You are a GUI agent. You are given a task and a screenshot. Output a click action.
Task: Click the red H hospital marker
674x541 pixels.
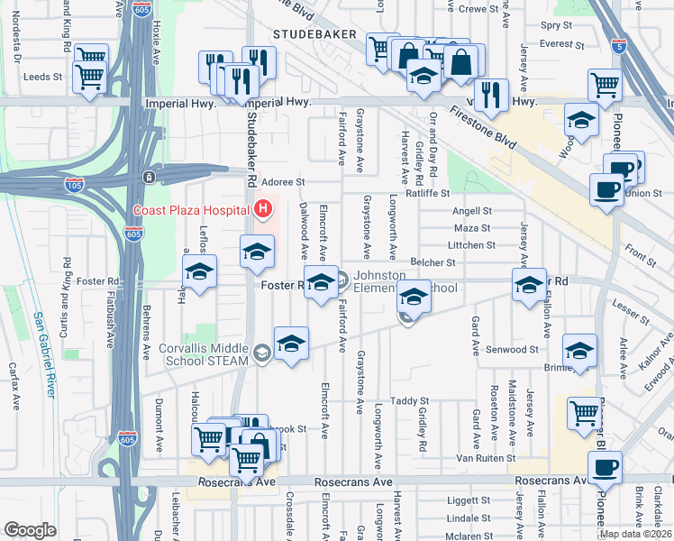[x=263, y=210]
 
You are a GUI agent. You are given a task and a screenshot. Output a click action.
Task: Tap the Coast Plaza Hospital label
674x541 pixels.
[x=191, y=211]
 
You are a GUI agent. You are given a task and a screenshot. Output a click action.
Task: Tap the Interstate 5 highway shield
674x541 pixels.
[x=617, y=45]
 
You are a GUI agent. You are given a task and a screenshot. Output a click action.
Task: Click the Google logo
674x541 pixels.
[x=30, y=530]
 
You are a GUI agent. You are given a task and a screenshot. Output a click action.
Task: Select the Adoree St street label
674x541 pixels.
[x=283, y=182]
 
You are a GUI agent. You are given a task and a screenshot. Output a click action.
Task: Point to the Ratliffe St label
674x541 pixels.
[x=427, y=192]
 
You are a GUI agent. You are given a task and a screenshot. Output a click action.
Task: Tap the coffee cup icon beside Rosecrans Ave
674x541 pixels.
[x=604, y=468]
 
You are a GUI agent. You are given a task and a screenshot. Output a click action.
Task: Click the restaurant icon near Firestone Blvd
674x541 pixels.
[x=490, y=96]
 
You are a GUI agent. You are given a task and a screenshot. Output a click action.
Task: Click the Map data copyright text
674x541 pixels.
[x=634, y=534]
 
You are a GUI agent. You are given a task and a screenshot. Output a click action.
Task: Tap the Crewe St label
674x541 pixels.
[x=478, y=8]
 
